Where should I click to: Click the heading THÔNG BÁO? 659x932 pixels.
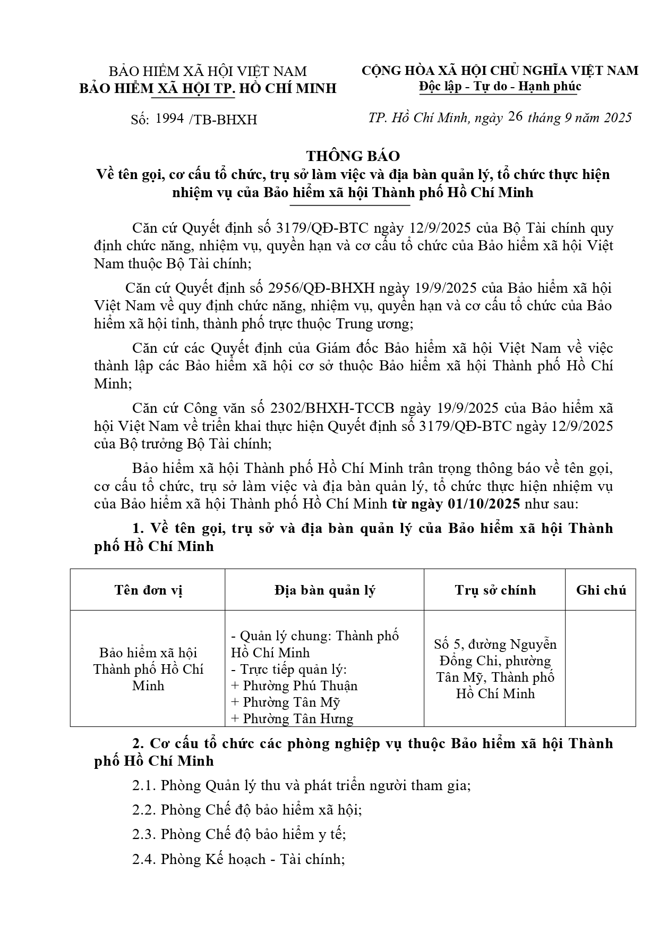tap(353, 156)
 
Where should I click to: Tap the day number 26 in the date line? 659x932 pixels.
tap(515, 117)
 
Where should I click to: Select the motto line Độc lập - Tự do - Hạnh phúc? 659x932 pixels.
tap(500, 86)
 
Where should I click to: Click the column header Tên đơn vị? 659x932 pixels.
tap(148, 590)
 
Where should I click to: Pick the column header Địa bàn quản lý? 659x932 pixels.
tap(324, 590)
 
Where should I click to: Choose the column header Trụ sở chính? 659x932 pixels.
tap(495, 590)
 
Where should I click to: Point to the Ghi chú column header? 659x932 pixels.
tap(601, 590)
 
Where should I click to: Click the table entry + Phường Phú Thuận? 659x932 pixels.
tap(294, 686)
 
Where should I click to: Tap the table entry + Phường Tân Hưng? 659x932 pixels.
tap(292, 719)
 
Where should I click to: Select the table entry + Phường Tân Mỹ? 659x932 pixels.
tap(285, 702)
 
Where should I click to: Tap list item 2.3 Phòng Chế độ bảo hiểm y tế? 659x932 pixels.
tap(239, 834)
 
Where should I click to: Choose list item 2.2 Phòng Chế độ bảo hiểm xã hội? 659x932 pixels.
tap(247, 810)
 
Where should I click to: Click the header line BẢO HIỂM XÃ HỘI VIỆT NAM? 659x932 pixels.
tap(208, 72)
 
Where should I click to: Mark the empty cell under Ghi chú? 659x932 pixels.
tap(601, 668)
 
